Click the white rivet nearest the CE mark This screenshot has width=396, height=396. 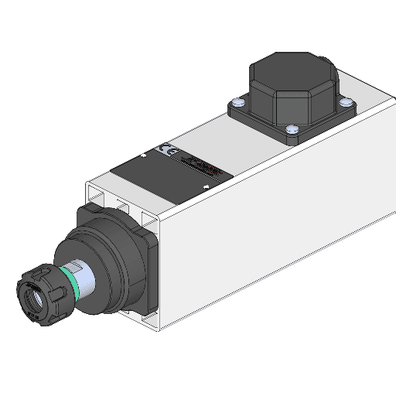[x=144, y=155]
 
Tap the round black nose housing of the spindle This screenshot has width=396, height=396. [x=108, y=255]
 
